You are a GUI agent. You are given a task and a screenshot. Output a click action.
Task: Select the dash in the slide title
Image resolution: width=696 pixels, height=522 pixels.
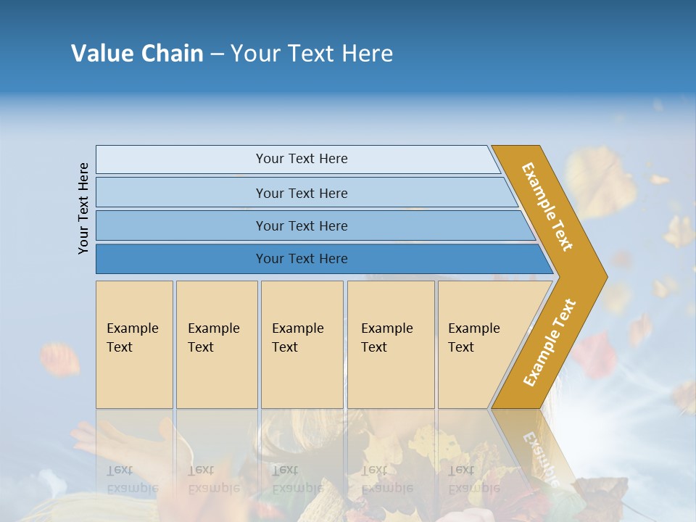(217, 54)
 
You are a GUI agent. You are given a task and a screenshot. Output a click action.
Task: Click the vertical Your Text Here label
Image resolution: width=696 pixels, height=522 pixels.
(83, 208)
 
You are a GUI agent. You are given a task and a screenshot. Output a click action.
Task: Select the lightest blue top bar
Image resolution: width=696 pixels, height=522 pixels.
(301, 159)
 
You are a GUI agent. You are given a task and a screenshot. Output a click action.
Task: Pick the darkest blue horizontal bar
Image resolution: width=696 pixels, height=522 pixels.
(301, 259)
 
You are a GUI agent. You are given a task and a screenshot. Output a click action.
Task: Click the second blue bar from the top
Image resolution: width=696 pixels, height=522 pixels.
(301, 193)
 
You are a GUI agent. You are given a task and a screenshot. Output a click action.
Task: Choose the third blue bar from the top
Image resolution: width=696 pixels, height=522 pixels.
(301, 225)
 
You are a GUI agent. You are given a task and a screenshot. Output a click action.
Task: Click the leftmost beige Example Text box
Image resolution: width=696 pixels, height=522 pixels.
(134, 344)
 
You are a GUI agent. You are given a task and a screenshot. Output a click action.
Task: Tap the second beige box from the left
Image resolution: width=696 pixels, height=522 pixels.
(216, 344)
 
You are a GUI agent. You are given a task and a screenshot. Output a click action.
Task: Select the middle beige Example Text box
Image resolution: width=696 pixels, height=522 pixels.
(302, 344)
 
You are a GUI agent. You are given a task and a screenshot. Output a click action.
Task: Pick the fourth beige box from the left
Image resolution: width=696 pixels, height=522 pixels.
(391, 344)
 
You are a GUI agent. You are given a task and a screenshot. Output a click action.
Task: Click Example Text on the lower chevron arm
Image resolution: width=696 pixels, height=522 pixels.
(550, 343)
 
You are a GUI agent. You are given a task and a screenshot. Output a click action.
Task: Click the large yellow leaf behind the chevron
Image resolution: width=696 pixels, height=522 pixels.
(599, 178)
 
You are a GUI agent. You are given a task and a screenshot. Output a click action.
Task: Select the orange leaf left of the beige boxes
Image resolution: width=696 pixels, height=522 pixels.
(60, 359)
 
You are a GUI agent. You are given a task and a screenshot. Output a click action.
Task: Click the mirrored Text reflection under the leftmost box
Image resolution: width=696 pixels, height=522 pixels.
(120, 470)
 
